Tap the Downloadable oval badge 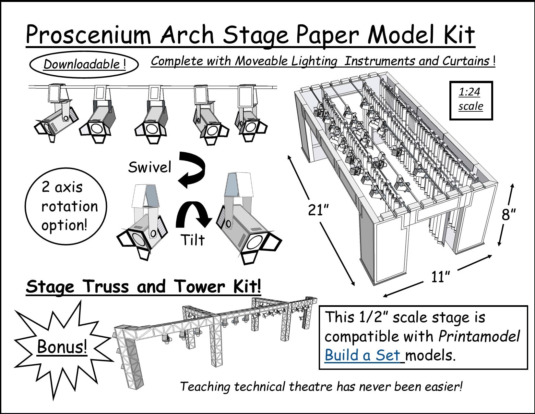pyautogui.click(x=84, y=64)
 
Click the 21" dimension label pyautogui.click(x=319, y=211)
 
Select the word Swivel pyautogui.click(x=149, y=168)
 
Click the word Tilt pyautogui.click(x=193, y=240)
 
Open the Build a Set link pyautogui.click(x=363, y=355)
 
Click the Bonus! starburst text pyautogui.click(x=62, y=347)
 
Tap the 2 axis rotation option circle pyautogui.click(x=66, y=207)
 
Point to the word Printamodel pyautogui.click(x=479, y=336)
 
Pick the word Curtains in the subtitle pyautogui.click(x=467, y=61)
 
